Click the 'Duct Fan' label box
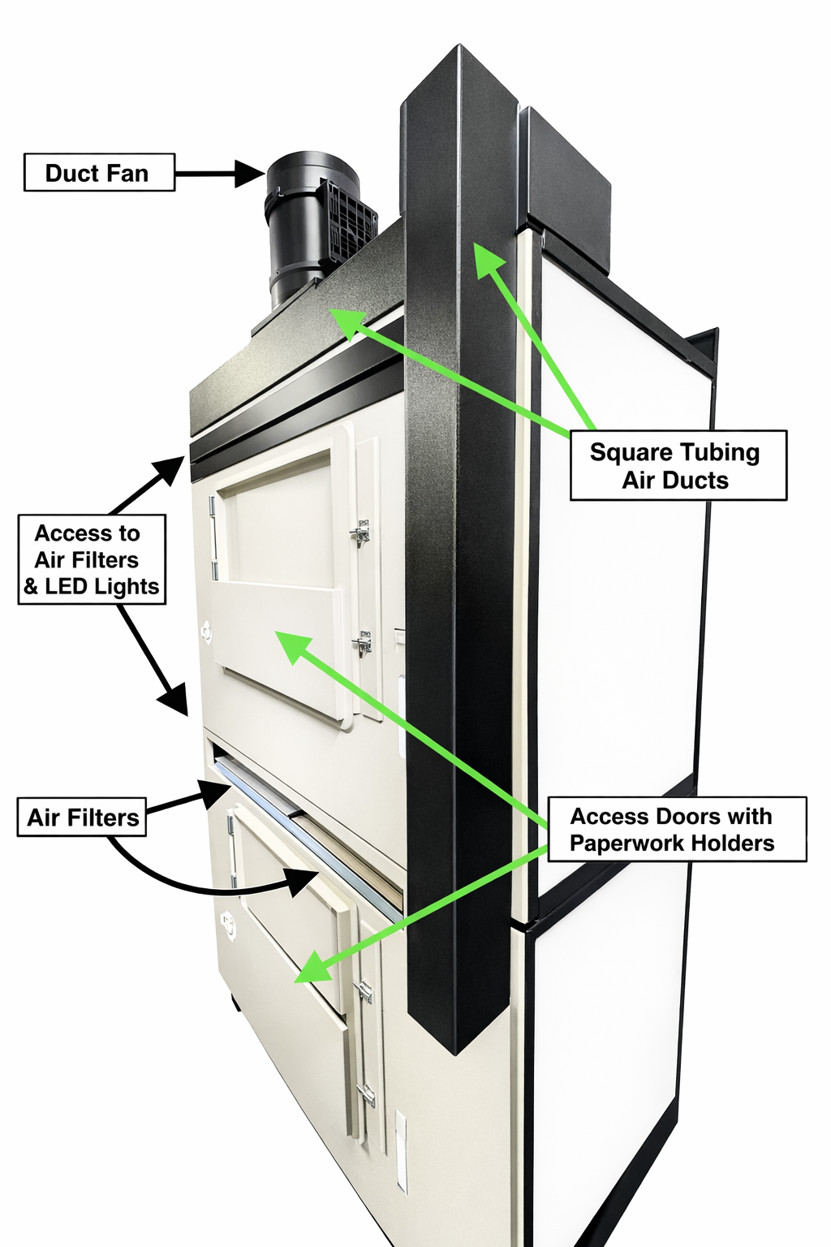99,172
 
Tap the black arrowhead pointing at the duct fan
250,172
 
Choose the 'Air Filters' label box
82,817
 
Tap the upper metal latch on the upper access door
360,532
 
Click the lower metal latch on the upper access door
362,645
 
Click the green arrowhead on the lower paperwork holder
308,972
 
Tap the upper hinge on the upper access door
213,507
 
